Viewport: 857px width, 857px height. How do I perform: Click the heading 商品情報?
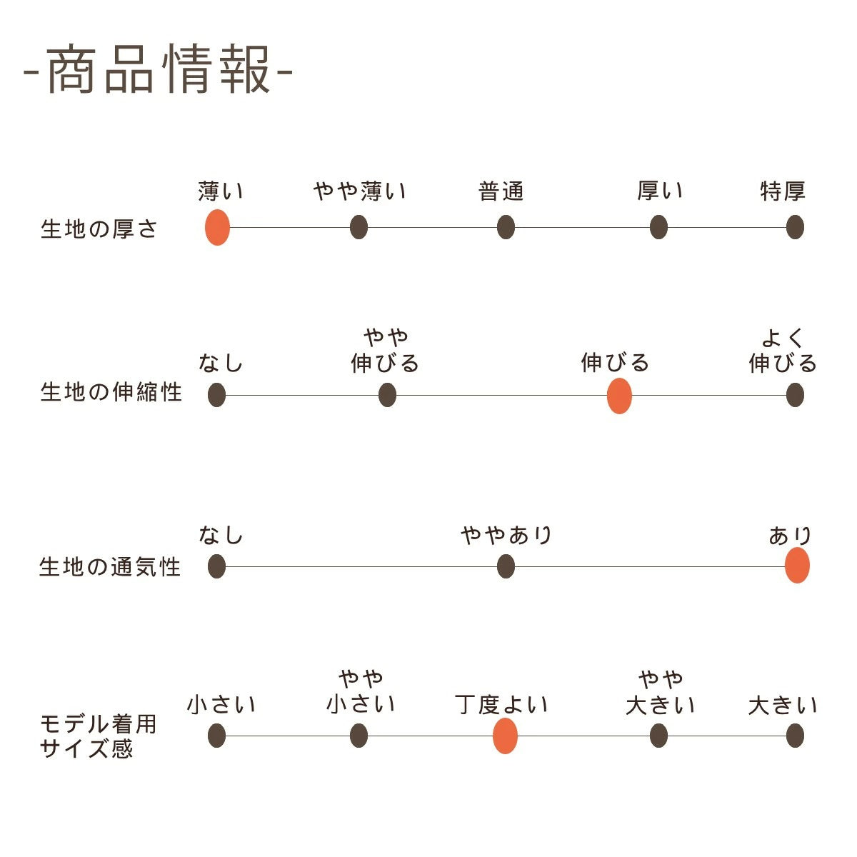[x=159, y=70]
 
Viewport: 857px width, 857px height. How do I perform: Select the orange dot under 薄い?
[x=217, y=228]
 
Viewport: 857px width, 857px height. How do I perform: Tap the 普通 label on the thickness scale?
[x=501, y=191]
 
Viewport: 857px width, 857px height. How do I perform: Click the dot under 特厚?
[x=795, y=228]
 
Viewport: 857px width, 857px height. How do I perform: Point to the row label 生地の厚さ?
[x=99, y=229]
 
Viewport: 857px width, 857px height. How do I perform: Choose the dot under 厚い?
[x=658, y=228]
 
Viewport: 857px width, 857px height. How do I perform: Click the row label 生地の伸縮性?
[x=111, y=392]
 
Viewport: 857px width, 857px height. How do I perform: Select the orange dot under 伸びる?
[x=619, y=396]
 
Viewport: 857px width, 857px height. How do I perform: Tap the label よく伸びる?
[x=783, y=351]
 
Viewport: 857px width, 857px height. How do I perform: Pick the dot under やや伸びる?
[x=387, y=395]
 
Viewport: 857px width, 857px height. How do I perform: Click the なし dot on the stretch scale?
[x=217, y=395]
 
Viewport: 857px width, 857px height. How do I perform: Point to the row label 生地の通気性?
[x=110, y=567]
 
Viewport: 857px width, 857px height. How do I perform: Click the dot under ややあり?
[x=506, y=567]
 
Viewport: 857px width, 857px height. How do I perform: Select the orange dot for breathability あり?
[x=797, y=566]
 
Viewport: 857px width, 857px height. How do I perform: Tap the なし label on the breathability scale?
[x=221, y=535]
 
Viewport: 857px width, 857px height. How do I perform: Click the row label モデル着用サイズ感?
[x=98, y=736]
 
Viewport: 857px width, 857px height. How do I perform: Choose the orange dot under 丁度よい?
[x=505, y=736]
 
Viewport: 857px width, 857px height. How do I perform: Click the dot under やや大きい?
[x=659, y=736]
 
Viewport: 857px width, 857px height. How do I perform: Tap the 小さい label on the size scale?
[x=221, y=705]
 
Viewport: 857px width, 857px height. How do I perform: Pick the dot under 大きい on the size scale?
[x=795, y=736]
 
